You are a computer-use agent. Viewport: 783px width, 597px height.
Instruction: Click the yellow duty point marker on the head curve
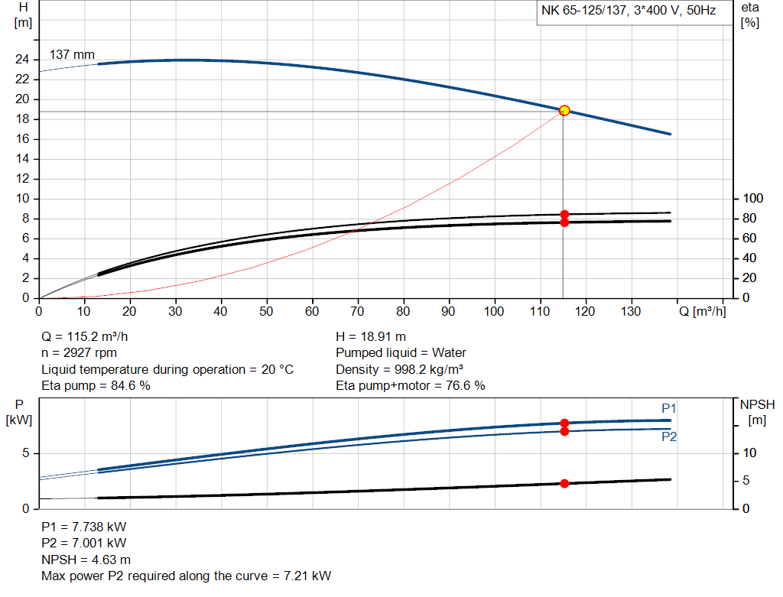click(564, 110)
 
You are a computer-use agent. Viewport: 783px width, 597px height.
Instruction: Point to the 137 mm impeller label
click(73, 55)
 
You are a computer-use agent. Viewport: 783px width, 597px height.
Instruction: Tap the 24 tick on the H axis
click(22, 60)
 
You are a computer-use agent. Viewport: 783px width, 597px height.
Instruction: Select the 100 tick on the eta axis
click(752, 199)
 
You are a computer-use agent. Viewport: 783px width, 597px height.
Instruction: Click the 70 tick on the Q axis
click(358, 311)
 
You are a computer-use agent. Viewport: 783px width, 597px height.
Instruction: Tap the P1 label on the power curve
click(669, 408)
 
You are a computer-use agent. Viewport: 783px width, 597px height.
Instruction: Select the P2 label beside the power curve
click(669, 437)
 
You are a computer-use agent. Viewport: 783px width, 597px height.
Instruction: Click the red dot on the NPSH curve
click(564, 483)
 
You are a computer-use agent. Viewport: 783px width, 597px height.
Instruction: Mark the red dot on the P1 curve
click(564, 423)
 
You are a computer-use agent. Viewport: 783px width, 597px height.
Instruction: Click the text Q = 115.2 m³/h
click(91, 336)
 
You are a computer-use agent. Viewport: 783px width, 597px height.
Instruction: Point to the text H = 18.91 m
click(371, 336)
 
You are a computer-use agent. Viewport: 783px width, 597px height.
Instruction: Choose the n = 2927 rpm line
click(79, 353)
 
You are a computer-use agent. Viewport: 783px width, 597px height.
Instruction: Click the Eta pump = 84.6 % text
click(96, 386)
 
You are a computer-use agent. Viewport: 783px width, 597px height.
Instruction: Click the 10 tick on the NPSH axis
click(751, 453)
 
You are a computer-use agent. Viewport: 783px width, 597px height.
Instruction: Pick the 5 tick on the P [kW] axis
click(25, 453)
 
